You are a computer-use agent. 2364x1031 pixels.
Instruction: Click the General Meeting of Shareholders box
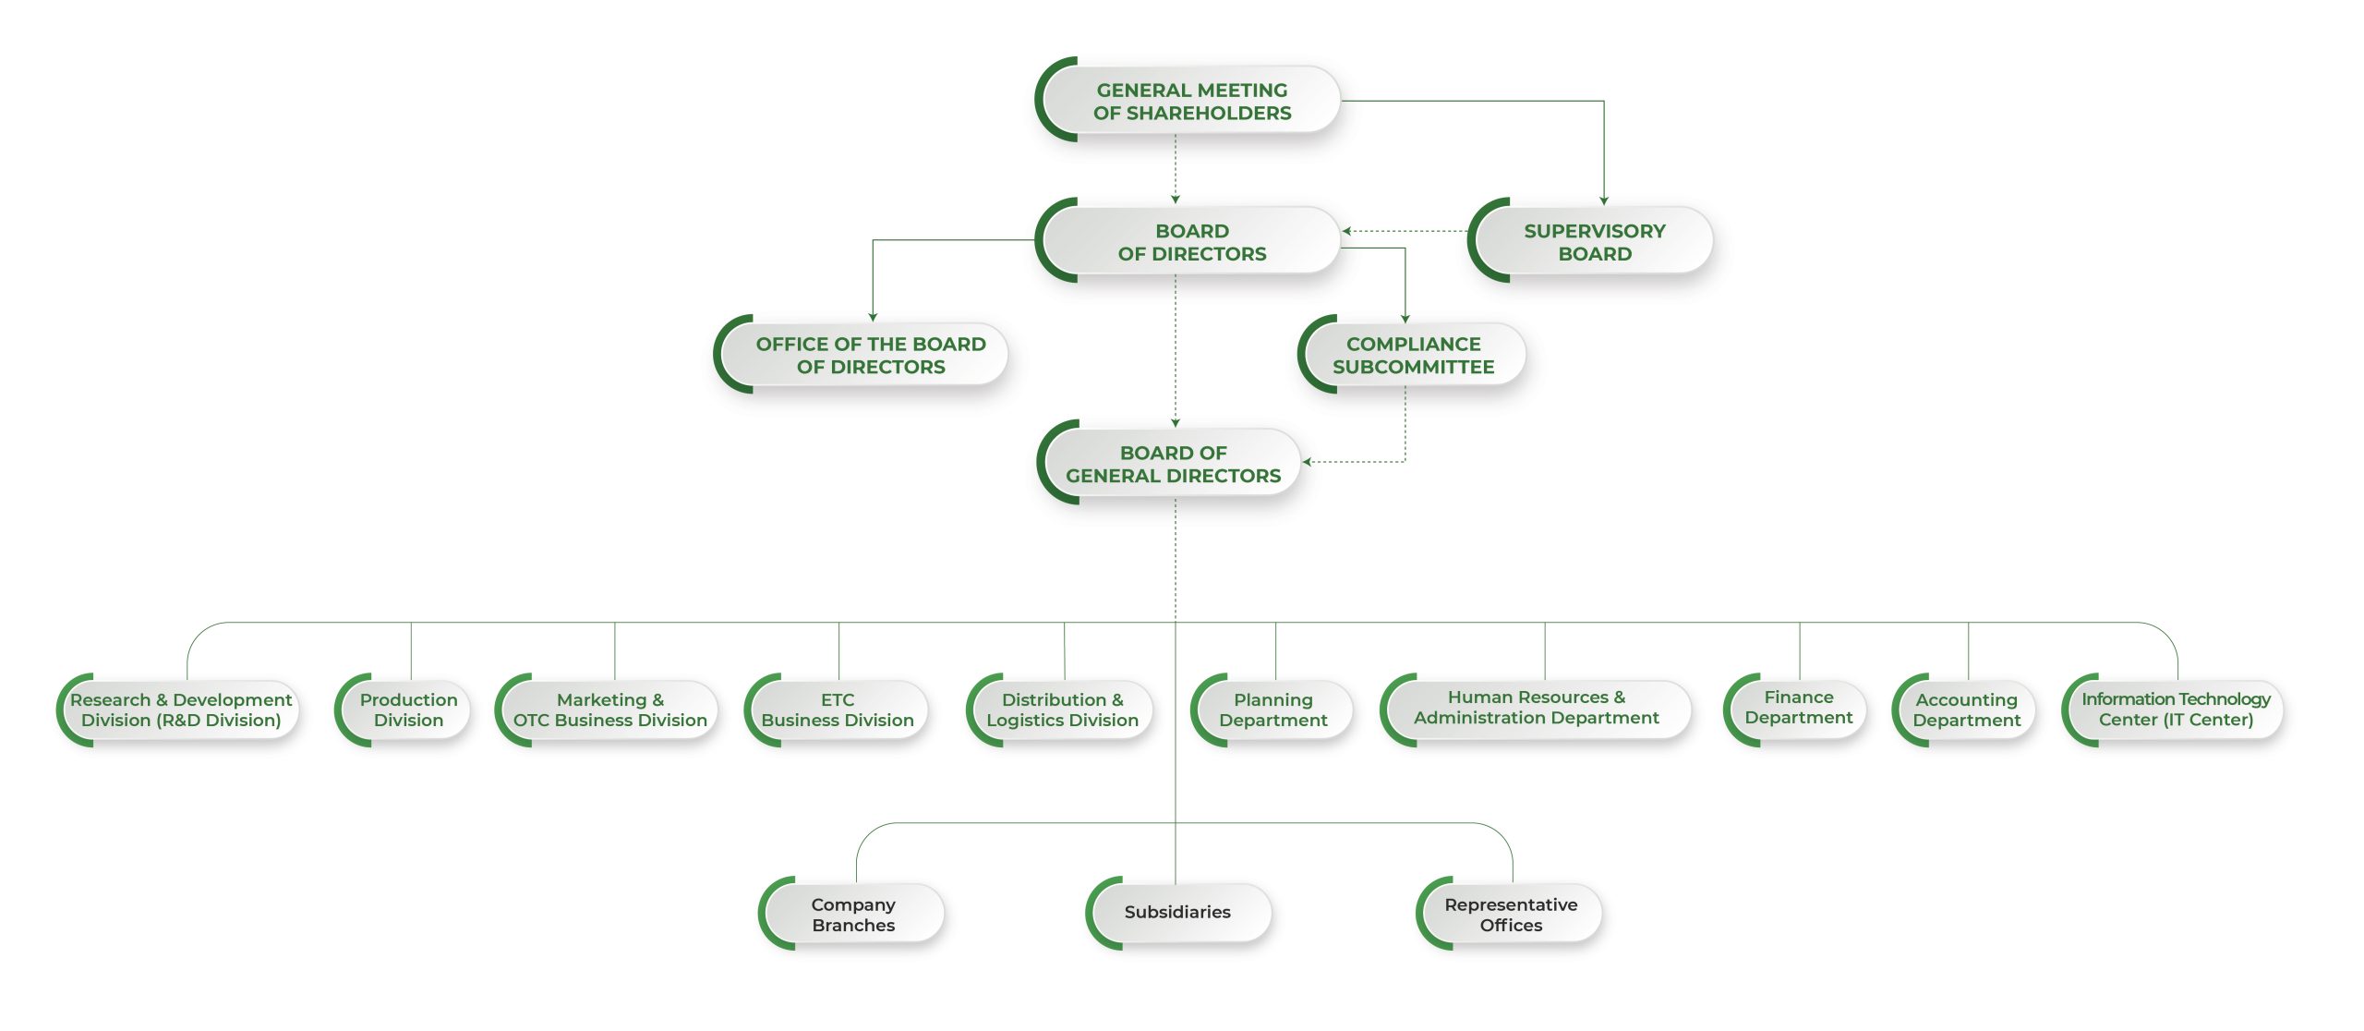(1191, 102)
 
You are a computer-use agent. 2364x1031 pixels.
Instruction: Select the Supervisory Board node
(1594, 242)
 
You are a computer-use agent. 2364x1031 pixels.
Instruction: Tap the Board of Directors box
(1191, 242)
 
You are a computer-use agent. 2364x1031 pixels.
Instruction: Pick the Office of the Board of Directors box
(870, 356)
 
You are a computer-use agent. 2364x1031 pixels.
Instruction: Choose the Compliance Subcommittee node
(1413, 356)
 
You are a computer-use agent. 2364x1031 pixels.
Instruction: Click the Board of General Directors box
(1173, 464)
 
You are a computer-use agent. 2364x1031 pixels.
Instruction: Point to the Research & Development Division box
(181, 710)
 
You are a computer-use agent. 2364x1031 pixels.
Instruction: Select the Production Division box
(408, 710)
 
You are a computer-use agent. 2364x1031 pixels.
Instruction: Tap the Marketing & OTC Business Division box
(609, 710)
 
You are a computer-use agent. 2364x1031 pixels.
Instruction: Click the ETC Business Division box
(838, 710)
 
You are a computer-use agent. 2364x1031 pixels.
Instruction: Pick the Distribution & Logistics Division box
(1062, 710)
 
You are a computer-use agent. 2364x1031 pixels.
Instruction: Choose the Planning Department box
(1273, 710)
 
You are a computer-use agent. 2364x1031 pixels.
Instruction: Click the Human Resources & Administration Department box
(1537, 708)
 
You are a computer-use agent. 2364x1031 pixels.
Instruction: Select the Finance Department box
(1798, 708)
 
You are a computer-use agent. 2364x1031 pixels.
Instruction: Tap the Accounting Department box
(1966, 710)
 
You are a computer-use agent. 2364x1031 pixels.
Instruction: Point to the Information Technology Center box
(2175, 710)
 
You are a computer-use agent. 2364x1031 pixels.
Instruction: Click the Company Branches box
(853, 915)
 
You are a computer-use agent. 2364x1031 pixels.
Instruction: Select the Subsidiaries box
(1177, 912)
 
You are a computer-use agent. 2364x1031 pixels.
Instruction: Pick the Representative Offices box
(1511, 915)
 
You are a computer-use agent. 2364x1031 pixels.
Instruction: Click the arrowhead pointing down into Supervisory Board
(1604, 200)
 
